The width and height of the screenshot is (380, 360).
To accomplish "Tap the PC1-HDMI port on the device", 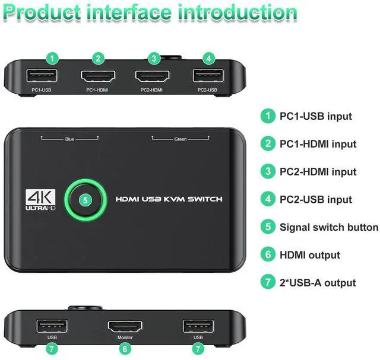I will point(99,77).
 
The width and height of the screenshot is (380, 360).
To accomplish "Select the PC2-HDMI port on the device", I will point(153,77).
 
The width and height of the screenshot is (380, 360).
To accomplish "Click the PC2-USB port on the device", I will point(207,76).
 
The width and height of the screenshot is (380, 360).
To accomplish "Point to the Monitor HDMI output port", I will point(124,326).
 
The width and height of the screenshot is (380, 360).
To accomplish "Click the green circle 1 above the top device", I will point(53,58).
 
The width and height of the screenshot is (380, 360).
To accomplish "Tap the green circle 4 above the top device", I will point(208,58).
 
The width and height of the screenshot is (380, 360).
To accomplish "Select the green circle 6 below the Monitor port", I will point(125,349).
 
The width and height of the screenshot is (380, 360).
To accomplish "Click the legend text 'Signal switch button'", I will point(329,227).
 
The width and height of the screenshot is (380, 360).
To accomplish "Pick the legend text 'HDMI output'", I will point(310,255).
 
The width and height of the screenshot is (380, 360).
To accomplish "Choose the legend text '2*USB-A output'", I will point(318,283).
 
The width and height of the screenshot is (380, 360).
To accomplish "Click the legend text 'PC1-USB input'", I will point(316,116).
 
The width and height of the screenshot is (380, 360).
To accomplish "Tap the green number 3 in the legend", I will point(268,172).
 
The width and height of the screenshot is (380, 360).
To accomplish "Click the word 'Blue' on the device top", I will point(69,139).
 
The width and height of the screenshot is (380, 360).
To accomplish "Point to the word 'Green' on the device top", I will point(180,139).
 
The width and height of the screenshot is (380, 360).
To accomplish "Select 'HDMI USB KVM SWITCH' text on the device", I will point(169,199).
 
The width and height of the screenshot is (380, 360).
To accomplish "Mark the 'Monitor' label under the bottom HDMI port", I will point(125,337).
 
